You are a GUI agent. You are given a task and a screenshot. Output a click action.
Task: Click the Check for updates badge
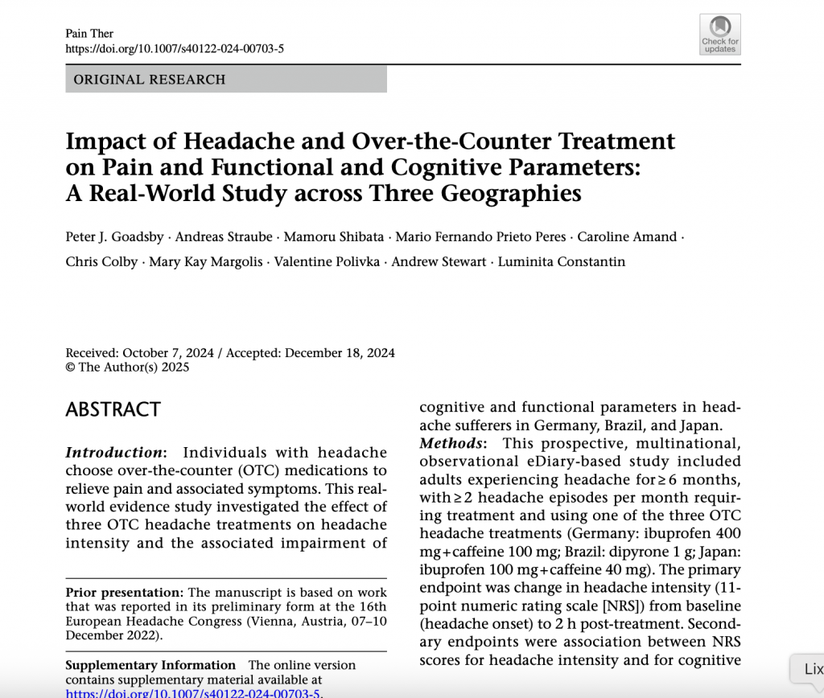[719, 34]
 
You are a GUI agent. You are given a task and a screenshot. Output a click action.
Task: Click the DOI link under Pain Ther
[175, 48]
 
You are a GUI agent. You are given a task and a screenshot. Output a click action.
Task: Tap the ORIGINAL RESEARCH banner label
[150, 80]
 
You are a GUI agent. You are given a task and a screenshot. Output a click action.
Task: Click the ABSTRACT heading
[113, 409]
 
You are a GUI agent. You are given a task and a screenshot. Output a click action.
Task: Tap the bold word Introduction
[113, 452]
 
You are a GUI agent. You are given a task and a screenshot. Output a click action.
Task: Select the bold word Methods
[451, 443]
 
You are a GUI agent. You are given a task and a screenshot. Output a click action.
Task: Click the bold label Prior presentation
[124, 592]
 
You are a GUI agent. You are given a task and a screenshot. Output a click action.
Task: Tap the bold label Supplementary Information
[150, 665]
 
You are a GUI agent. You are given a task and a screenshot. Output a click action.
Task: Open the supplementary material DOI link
[193, 692]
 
